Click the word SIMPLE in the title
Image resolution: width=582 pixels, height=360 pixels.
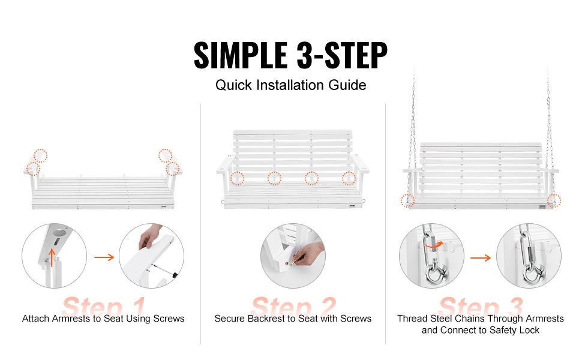pyautogui.click(x=241, y=55)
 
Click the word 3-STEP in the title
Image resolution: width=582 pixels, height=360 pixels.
pyautogui.click(x=342, y=55)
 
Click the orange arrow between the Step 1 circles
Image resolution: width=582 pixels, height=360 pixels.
pyautogui.click(x=104, y=257)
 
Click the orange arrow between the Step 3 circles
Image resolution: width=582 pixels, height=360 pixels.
pyautogui.click(x=480, y=257)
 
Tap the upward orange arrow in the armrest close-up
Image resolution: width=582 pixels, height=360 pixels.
pyautogui.click(x=52, y=257)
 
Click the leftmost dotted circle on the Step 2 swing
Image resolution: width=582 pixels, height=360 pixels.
pyautogui.click(x=237, y=179)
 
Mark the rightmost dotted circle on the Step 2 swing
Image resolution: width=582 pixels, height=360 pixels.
pyautogui.click(x=349, y=179)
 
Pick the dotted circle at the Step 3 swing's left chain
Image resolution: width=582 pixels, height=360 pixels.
pyautogui.click(x=407, y=201)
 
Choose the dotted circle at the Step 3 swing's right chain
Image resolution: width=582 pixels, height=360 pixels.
pyautogui.click(x=554, y=201)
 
